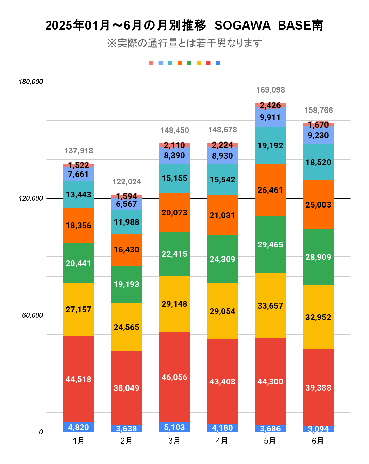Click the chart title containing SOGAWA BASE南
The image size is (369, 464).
click(184, 26)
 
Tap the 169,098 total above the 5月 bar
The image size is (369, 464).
click(270, 90)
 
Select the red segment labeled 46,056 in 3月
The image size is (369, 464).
click(174, 377)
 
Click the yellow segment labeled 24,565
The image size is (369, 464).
click(127, 327)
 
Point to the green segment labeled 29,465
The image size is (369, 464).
click(270, 244)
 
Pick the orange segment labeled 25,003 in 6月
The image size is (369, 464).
click(318, 204)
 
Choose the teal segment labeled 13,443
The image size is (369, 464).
click(79, 194)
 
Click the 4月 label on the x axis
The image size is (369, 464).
click(222, 441)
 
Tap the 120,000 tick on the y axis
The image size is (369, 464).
click(31, 198)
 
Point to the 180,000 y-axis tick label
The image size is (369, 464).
click(31, 82)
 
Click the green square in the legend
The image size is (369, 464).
click(189, 63)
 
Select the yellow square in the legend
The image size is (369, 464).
click(199, 63)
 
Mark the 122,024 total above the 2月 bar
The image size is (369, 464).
click(127, 182)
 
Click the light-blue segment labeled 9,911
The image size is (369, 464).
click(270, 117)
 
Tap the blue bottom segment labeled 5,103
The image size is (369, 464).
click(174, 427)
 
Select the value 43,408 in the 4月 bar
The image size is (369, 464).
click(222, 381)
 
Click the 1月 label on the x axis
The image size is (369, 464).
click(79, 441)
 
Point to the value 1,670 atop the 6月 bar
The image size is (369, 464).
click(318, 125)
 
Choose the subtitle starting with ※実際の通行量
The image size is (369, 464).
click(184, 43)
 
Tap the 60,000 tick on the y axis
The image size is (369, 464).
click(33, 315)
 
